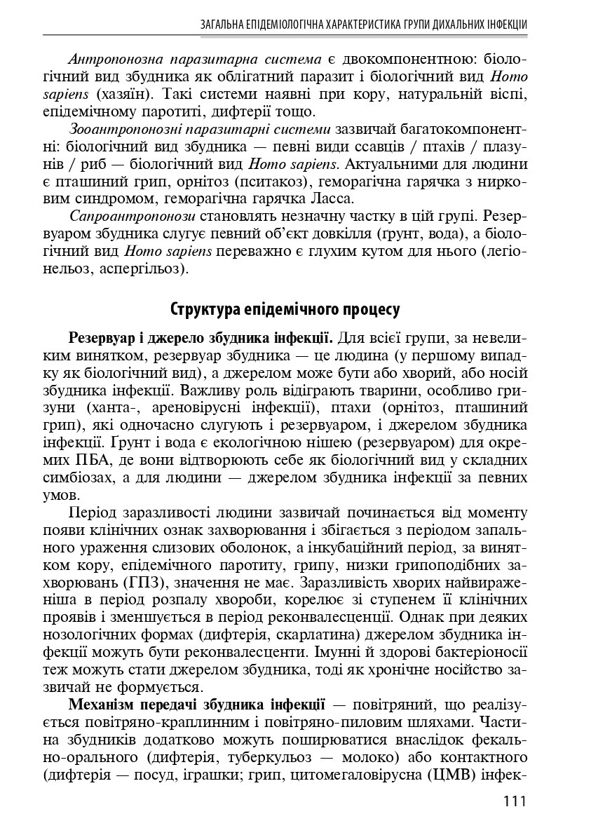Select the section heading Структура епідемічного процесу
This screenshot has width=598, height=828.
285,308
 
